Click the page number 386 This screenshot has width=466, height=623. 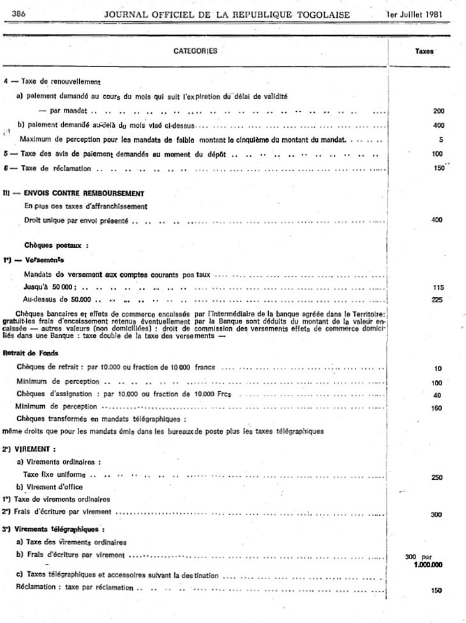pos(19,13)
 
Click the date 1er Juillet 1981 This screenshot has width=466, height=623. pos(414,14)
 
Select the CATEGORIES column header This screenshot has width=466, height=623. pos(196,52)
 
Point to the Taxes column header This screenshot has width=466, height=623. pos(425,52)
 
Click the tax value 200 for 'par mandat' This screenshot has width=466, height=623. pos(438,111)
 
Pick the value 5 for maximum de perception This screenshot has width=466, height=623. pos(440,139)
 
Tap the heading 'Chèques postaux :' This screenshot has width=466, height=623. pos(56,245)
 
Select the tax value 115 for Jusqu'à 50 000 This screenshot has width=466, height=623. pos(437,288)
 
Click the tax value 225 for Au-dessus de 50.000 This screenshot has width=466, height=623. pos(437,299)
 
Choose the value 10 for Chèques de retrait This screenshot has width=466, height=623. pos(437,369)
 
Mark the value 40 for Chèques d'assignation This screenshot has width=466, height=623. pos(437,395)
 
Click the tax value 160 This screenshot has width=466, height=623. pos(437,408)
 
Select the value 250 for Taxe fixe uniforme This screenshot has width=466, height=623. pos(437,477)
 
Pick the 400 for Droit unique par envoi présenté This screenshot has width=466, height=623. pos(437,220)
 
